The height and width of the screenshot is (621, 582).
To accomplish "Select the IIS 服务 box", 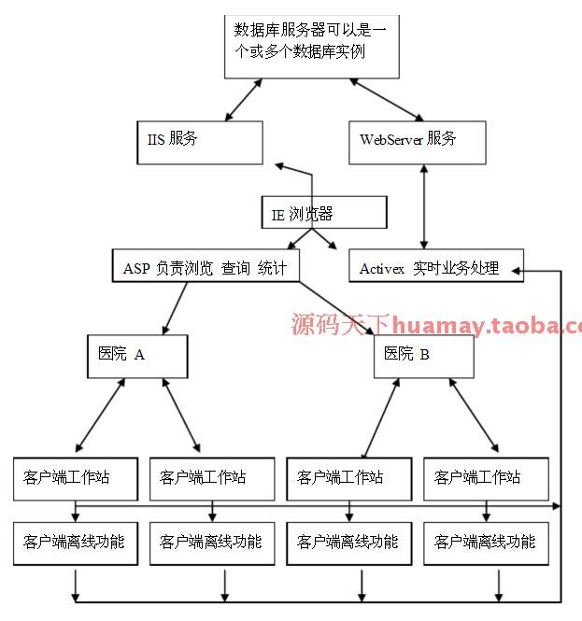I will coord(197,140).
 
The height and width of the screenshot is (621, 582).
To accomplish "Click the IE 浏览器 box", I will coord(323,214).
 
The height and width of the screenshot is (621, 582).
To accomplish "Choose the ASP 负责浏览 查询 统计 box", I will coord(206,267).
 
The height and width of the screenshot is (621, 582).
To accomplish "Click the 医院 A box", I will coord(137,355).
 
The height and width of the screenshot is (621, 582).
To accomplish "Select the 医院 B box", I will coord(423,355).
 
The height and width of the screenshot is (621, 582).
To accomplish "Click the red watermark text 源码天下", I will coord(341,326).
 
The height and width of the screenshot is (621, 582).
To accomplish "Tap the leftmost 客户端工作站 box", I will coord(75,477).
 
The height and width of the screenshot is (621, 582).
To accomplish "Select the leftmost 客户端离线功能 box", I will coord(75,543).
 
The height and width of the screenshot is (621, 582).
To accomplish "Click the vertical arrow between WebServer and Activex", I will coord(424,206).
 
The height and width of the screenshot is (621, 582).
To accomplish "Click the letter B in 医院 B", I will coord(425,355).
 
